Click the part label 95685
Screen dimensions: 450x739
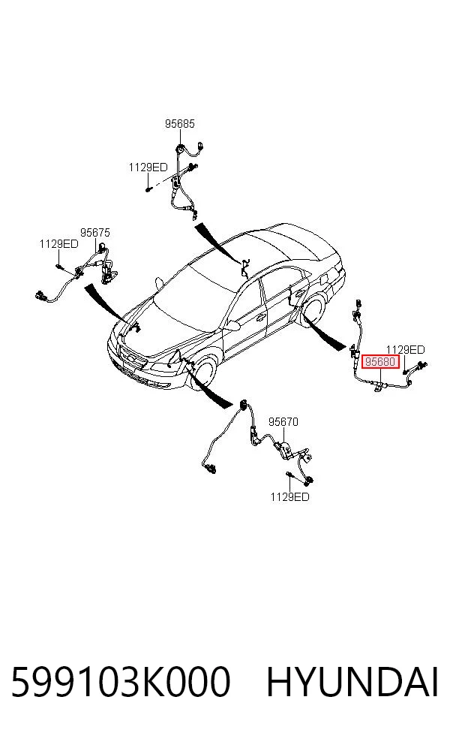coord(179,123)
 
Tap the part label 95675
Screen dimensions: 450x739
coord(94,232)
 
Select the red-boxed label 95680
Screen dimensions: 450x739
coord(379,362)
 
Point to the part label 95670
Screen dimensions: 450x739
coord(283,422)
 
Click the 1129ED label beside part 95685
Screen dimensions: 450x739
coord(148,167)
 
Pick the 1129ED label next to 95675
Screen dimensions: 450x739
coord(58,243)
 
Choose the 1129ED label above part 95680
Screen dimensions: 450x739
coord(405,350)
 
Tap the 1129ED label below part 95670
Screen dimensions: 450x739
coord(289,496)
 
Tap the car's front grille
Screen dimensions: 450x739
coord(132,361)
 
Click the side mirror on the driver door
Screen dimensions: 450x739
coord(232,325)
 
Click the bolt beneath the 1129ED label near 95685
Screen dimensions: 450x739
coord(148,189)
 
